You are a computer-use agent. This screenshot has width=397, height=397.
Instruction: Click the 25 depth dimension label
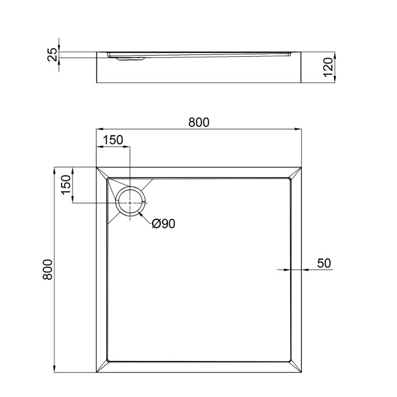(53, 55)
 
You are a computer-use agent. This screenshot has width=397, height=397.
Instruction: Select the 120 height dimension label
(328, 67)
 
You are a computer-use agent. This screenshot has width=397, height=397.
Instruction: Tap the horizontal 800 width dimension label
(198, 123)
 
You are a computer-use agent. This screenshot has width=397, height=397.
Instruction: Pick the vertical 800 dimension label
(48, 269)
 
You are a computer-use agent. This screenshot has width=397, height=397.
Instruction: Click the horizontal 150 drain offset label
(113, 140)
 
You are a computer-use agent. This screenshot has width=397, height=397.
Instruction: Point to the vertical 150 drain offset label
(66, 185)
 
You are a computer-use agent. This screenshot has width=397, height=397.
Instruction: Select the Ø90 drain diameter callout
(164, 224)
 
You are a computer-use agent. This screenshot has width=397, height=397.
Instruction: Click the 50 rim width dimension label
(324, 263)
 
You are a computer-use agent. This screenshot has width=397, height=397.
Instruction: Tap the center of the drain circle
(130, 203)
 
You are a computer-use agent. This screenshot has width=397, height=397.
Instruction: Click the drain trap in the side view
(130, 59)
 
